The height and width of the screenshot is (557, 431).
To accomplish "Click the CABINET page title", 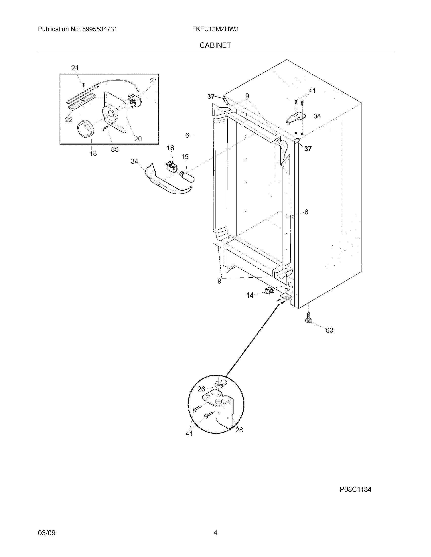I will pyautogui.click(x=215, y=45).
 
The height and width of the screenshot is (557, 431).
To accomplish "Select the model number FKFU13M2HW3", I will pyautogui.click(x=215, y=29).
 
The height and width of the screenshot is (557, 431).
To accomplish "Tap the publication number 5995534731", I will pyautogui.click(x=99, y=29).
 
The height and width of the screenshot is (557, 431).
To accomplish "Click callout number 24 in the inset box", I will pyautogui.click(x=75, y=68).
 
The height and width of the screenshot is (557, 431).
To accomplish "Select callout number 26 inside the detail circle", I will pyautogui.click(x=201, y=396).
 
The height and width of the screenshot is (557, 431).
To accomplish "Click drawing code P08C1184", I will pyautogui.click(x=355, y=489).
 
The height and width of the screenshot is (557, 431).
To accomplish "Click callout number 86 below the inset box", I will pyautogui.click(x=115, y=149).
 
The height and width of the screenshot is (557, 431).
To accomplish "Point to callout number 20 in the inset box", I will pyautogui.click(x=138, y=139).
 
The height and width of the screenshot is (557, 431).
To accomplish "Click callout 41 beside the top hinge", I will pyautogui.click(x=312, y=91).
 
